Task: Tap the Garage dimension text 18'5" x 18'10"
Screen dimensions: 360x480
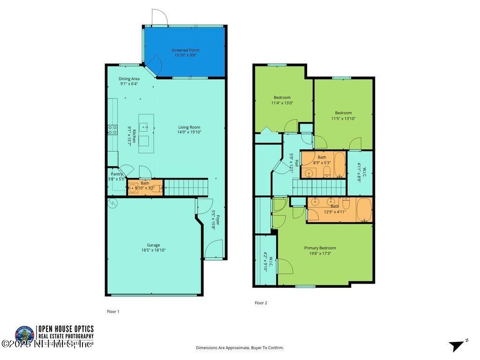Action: point(153,250)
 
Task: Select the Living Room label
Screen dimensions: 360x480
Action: point(189,127)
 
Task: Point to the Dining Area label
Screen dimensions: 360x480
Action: point(129,79)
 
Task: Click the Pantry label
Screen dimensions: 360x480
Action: point(116,174)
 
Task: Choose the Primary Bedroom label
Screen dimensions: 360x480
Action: point(320,248)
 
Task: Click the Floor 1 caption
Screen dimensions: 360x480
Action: point(113,311)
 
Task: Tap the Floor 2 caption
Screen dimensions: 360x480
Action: point(261,303)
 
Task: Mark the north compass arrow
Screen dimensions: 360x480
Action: point(457,346)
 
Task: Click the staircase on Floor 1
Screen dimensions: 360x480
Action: point(186,187)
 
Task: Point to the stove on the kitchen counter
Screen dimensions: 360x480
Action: point(112,130)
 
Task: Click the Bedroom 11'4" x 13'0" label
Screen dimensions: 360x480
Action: point(282,97)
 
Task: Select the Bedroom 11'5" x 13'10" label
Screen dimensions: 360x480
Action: point(343,112)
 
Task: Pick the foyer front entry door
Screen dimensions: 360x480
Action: point(214,249)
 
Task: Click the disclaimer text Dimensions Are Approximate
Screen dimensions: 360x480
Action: point(240,348)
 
